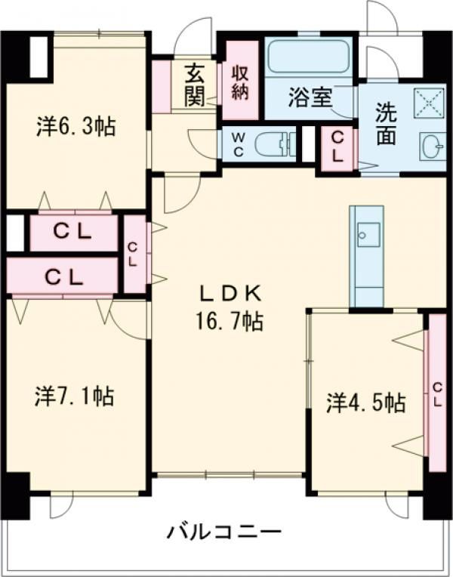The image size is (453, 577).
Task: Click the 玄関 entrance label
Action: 194,86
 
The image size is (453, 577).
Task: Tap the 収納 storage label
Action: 240,83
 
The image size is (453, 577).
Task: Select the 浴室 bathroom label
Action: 310,97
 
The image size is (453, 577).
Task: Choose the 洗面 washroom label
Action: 386,124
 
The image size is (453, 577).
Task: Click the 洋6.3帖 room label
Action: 75,126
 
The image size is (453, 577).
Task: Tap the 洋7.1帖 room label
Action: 75,396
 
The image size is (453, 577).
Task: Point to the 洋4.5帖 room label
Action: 365,402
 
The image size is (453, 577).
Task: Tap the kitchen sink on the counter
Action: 367,233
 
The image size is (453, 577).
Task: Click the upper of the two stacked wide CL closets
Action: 72,233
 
